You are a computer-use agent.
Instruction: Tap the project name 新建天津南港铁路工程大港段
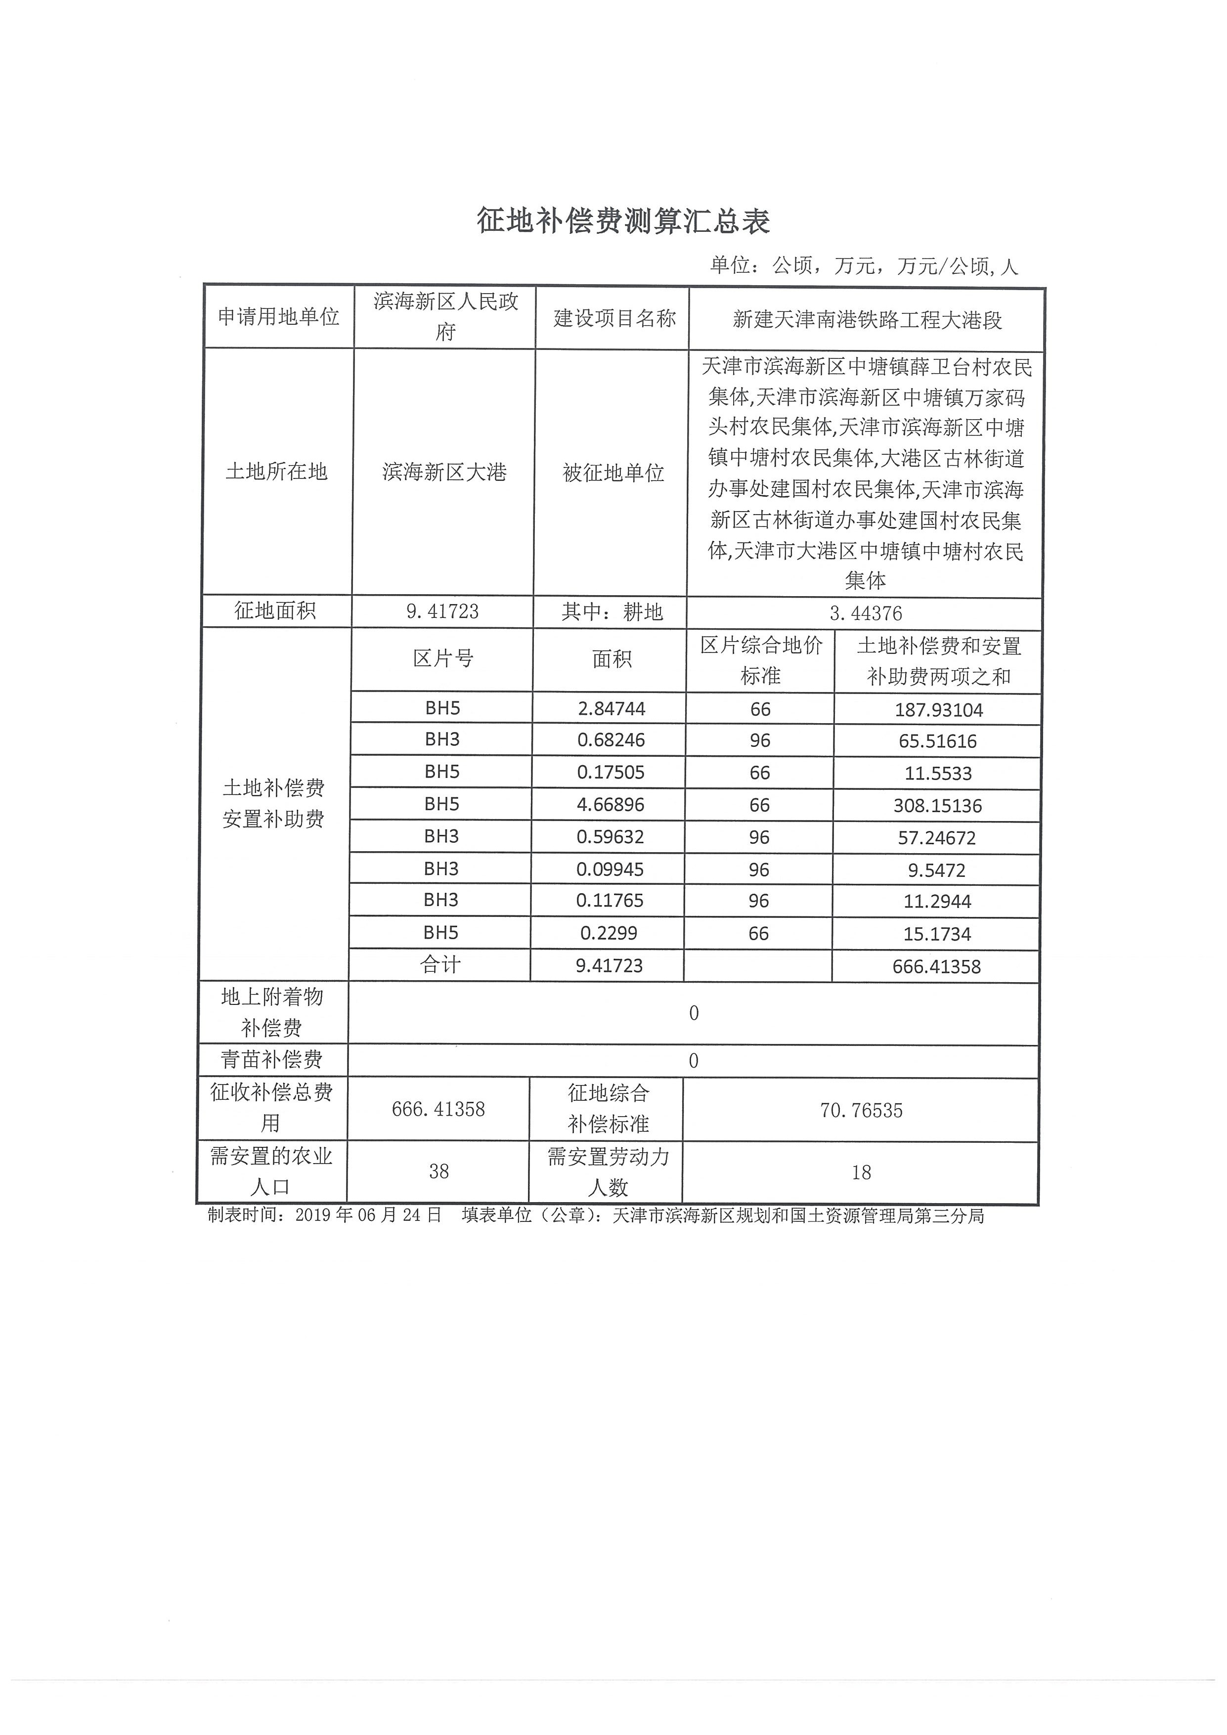click(x=867, y=320)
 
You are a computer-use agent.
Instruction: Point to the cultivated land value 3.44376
click(x=865, y=613)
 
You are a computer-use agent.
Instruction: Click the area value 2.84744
click(x=611, y=709)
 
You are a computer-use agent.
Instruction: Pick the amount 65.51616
click(x=938, y=741)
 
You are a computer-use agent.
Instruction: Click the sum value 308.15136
click(x=937, y=806)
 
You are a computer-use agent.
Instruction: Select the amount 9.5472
click(x=936, y=870)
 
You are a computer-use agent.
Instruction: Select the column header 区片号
click(x=443, y=659)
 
